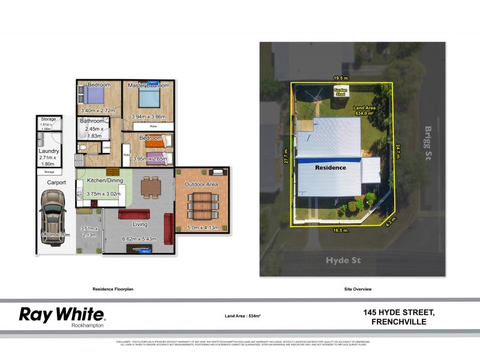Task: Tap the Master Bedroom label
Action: point(149,86)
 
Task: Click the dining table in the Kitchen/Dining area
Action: point(151,188)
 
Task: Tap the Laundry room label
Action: point(49,151)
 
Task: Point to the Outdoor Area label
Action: point(200,185)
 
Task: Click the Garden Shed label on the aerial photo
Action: point(340,92)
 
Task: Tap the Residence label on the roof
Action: point(331,167)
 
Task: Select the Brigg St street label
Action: point(428,140)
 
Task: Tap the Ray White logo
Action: point(62,315)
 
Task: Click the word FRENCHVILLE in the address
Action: point(398,322)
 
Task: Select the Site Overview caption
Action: point(358,289)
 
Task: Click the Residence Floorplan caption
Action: point(112,289)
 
